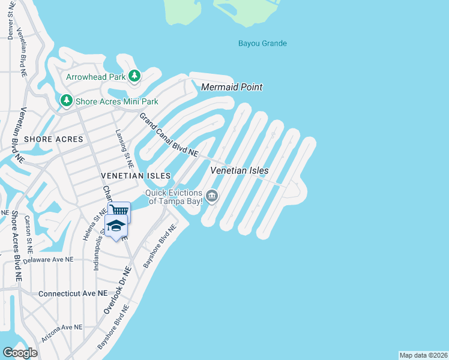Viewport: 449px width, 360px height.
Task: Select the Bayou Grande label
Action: point(262,43)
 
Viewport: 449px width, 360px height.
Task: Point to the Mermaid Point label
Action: point(232,87)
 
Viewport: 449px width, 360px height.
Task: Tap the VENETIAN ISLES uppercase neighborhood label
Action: point(136,175)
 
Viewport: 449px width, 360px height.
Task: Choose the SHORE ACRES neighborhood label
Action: point(53,139)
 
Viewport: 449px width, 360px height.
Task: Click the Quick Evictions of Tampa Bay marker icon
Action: point(211,196)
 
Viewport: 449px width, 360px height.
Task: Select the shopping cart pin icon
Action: point(119,210)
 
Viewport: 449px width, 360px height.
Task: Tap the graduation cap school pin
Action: point(116,226)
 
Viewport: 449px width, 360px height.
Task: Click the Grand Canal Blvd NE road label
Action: point(169,135)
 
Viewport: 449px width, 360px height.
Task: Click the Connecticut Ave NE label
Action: point(72,294)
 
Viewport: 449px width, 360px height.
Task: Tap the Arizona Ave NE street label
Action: point(62,328)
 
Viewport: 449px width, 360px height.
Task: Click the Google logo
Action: point(20,352)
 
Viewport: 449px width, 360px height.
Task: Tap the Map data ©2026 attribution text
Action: point(423,355)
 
